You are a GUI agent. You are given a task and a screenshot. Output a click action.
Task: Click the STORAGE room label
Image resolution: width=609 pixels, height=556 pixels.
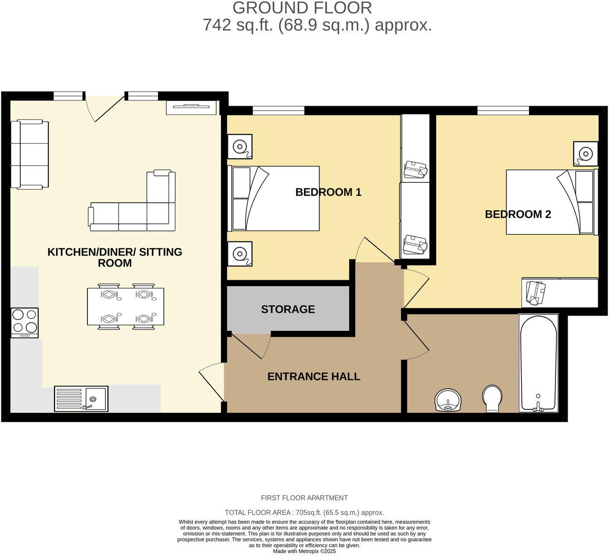click(288, 309)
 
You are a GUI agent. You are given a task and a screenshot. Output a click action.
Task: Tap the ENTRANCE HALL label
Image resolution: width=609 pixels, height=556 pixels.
click(313, 376)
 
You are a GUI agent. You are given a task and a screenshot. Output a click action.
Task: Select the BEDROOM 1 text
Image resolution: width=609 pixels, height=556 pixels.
click(328, 192)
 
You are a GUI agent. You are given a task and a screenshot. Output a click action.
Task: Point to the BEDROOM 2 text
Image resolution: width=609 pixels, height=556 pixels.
click(517, 214)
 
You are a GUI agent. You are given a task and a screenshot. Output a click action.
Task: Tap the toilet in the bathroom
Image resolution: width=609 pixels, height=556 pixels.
click(492, 398)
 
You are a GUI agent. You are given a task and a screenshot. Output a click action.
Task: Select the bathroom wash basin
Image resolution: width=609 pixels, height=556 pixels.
click(448, 400)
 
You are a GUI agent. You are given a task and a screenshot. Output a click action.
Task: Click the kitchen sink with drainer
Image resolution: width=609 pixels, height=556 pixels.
click(81, 399)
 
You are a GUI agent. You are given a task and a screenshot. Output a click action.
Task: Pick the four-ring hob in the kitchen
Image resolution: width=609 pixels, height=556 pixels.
click(24, 322)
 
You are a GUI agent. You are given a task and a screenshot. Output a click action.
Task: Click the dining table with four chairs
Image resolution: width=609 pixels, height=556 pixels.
click(125, 307)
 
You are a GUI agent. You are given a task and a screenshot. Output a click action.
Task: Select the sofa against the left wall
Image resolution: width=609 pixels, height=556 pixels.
click(30, 154)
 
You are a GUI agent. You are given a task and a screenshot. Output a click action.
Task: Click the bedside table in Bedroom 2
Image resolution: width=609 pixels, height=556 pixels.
click(585, 153)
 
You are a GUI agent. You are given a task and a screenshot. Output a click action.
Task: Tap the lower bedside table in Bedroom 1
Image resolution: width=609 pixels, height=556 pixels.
click(240, 254)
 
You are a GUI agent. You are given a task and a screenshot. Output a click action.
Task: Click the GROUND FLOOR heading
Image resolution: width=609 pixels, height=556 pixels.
click(302, 8)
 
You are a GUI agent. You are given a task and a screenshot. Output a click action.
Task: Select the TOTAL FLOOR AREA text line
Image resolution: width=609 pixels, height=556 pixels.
click(304, 512)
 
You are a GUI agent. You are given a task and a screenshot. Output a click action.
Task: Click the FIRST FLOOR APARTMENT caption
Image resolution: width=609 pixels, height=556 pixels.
click(304, 498)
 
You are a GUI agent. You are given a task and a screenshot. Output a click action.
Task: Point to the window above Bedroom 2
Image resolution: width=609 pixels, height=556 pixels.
click(503, 110)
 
